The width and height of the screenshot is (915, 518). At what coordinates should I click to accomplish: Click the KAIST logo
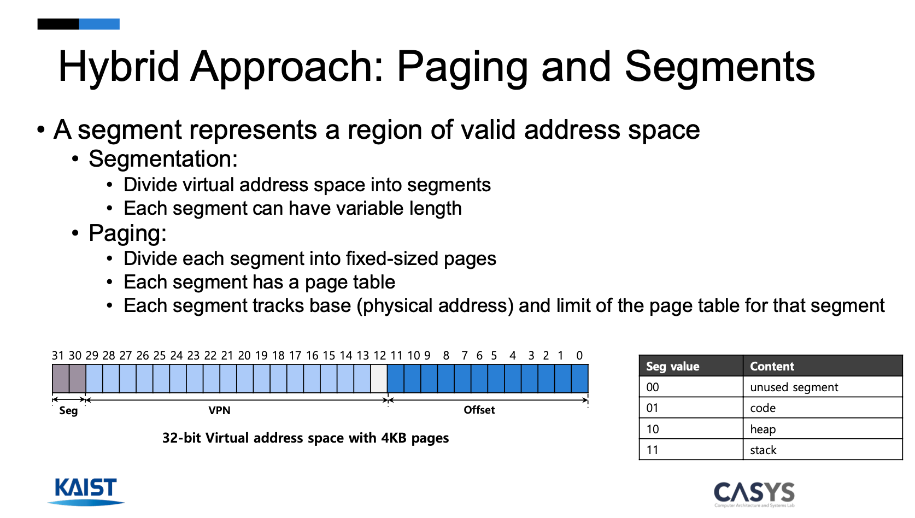coord(86,491)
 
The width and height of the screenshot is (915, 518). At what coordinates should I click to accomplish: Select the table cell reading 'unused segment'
coord(822,386)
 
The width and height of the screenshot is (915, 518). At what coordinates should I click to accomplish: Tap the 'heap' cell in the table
coord(822,428)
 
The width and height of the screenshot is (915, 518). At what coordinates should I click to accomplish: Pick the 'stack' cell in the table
coord(822,449)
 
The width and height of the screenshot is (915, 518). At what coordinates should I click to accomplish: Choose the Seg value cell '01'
coord(691,408)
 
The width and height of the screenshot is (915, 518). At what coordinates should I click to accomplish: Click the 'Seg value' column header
coord(691,366)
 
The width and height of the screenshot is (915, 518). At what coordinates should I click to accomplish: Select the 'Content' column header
coord(822,366)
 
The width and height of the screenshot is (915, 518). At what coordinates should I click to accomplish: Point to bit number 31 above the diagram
coord(57,356)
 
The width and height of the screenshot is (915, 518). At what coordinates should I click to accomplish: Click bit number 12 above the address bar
coord(379,356)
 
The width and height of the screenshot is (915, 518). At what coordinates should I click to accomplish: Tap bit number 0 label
coord(579,356)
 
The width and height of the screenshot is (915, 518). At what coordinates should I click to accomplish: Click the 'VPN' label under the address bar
coord(219,410)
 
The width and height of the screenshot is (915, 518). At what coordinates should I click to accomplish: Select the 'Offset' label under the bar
coord(479,410)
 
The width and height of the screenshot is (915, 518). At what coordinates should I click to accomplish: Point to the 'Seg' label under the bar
coord(68,411)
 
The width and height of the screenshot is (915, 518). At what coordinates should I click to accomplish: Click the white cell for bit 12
coord(379,379)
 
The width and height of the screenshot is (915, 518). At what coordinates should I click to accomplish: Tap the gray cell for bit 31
coord(61,379)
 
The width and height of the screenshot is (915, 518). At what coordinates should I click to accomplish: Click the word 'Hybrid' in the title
coord(119,67)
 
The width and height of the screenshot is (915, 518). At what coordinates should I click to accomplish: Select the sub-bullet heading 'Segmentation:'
coord(163,159)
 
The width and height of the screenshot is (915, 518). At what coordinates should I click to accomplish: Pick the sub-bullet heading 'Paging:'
coord(127,233)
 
